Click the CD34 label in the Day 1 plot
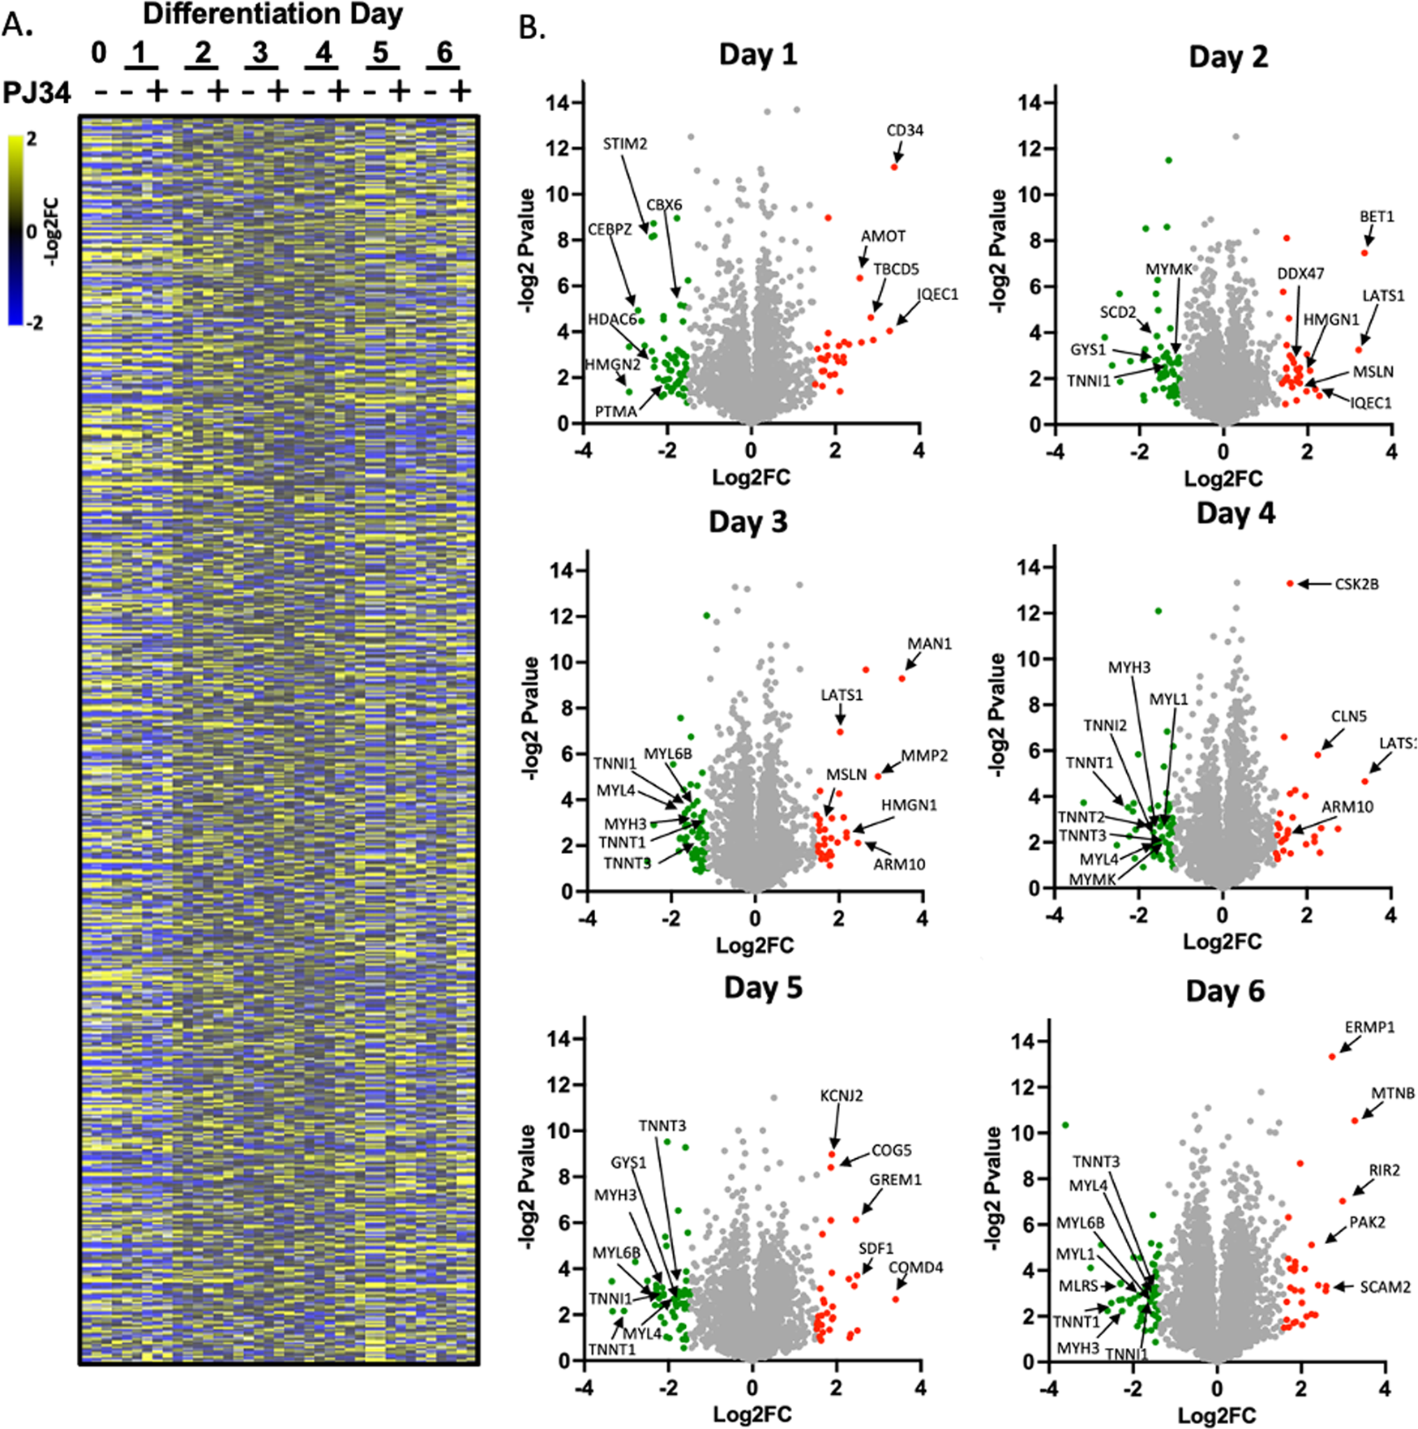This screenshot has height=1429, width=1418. (x=904, y=131)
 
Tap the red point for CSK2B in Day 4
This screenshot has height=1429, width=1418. (x=1290, y=584)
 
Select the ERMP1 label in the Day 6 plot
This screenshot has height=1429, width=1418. (x=1369, y=1028)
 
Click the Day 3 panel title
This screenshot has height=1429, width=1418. (x=748, y=521)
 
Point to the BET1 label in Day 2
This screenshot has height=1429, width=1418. (x=1376, y=217)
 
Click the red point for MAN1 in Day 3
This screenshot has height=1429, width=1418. (x=902, y=678)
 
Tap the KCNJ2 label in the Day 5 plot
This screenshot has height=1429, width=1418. (x=841, y=1096)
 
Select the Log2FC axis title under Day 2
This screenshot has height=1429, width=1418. (x=1223, y=478)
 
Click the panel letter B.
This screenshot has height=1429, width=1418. (x=532, y=28)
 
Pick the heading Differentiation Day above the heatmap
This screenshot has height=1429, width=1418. (x=272, y=15)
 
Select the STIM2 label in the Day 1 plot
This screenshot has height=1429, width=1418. (x=624, y=144)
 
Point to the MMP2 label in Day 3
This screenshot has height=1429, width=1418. (x=924, y=756)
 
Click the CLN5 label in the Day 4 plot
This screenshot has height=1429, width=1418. (x=1348, y=716)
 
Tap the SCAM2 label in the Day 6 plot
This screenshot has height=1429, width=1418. (x=1385, y=1287)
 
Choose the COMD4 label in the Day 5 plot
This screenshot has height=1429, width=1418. (x=915, y=1268)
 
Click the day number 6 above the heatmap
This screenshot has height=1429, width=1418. (x=444, y=53)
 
